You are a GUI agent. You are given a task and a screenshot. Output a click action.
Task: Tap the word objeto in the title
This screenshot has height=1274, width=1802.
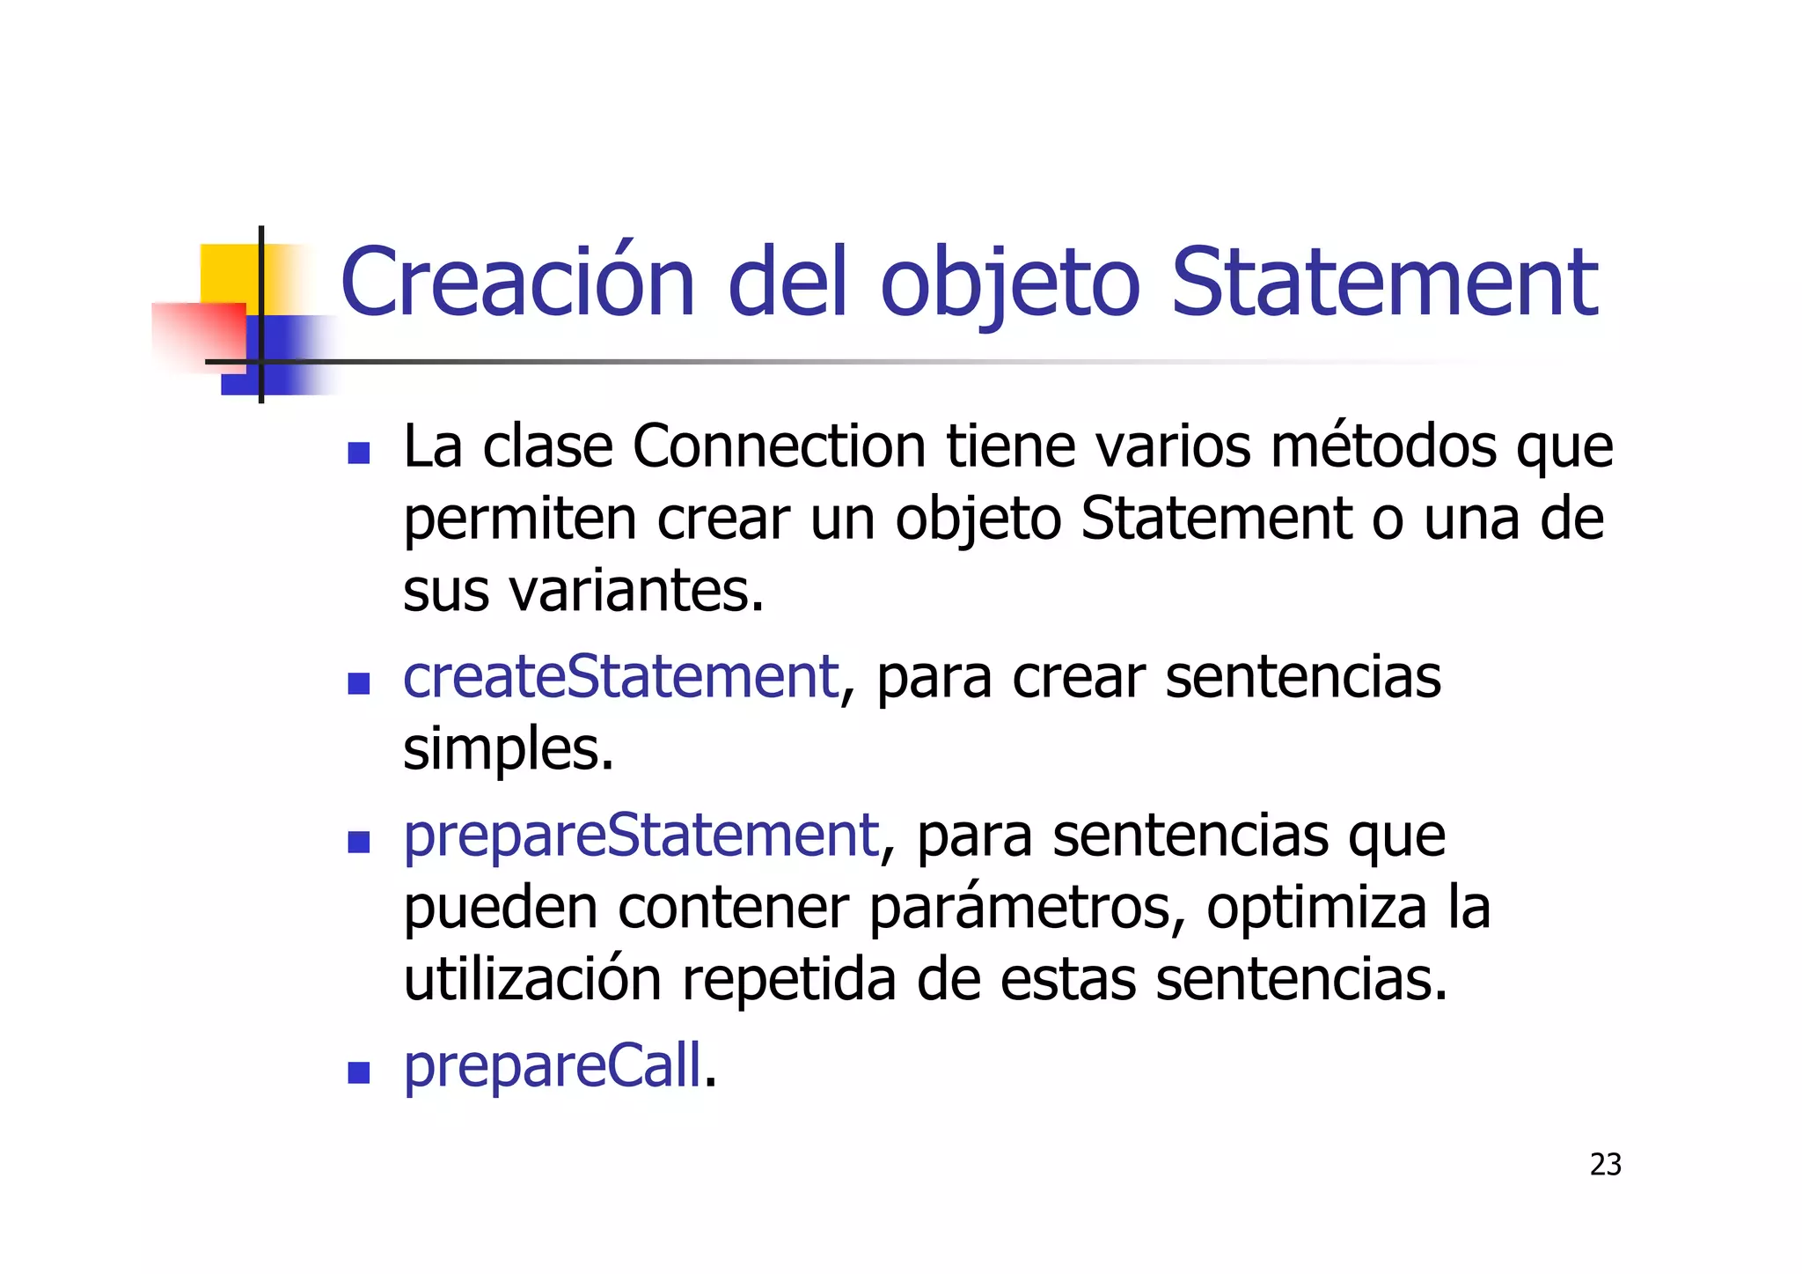tap(1010, 284)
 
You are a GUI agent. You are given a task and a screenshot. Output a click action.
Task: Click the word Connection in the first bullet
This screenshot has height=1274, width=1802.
tap(779, 446)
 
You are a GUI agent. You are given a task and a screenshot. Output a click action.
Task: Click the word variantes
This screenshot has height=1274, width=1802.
tap(635, 591)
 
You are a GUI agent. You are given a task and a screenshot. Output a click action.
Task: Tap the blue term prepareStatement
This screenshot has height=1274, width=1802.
tap(641, 836)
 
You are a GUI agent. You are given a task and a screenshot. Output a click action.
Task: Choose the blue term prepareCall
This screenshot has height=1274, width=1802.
tap(553, 1066)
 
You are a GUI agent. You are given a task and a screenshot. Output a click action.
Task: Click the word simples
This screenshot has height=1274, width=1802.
tap(508, 750)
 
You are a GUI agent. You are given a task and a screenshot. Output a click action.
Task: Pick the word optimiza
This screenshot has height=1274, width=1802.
tap(1316, 908)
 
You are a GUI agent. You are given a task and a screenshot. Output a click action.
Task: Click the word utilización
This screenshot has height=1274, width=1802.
tap(532, 980)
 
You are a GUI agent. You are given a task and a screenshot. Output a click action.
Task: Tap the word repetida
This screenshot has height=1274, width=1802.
tap(788, 980)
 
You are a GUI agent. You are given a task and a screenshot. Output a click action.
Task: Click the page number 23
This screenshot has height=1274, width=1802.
tap(1605, 1165)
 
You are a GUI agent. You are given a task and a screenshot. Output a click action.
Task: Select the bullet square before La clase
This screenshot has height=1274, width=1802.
tap(358, 453)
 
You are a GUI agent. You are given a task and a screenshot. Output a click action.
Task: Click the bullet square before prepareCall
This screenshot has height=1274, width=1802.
tap(358, 1072)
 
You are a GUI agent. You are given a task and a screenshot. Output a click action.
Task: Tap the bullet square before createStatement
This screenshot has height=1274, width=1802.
tap(358, 683)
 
